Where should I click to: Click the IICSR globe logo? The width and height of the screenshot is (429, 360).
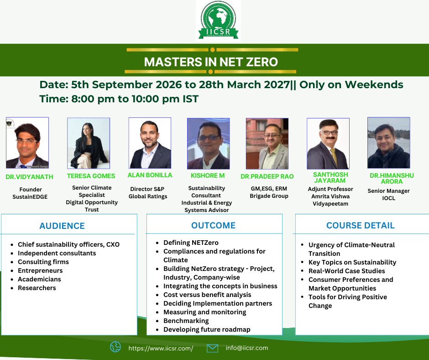tap(218, 20)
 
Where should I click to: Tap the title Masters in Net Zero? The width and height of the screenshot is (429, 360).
tap(211, 62)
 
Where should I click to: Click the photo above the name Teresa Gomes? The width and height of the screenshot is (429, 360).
tap(89, 143)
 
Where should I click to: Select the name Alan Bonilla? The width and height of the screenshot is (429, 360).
tap(150, 175)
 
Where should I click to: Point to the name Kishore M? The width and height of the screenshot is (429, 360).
tap(208, 175)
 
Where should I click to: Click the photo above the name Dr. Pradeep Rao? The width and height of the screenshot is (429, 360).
tap(267, 143)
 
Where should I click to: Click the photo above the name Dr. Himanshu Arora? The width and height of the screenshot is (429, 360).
tap(388, 143)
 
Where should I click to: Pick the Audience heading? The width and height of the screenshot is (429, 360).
tap(62, 226)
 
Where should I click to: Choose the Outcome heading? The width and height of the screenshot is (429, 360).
tap(214, 225)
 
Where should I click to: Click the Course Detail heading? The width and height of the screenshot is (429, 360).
tap(361, 225)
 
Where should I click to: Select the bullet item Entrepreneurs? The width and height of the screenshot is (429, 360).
tap(40, 270)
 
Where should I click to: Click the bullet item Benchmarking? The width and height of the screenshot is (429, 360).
tap(186, 321)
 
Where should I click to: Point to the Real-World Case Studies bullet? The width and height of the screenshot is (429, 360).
tap(347, 271)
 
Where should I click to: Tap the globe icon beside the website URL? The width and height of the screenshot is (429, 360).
tap(115, 347)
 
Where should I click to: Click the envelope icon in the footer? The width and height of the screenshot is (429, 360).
tap(212, 348)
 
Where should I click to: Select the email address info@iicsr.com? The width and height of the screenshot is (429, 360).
tap(247, 348)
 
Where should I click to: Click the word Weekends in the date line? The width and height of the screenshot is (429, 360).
tap(374, 85)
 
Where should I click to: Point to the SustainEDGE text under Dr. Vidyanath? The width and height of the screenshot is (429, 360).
tap(30, 197)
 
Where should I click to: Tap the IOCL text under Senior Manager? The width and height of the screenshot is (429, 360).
tap(388, 198)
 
